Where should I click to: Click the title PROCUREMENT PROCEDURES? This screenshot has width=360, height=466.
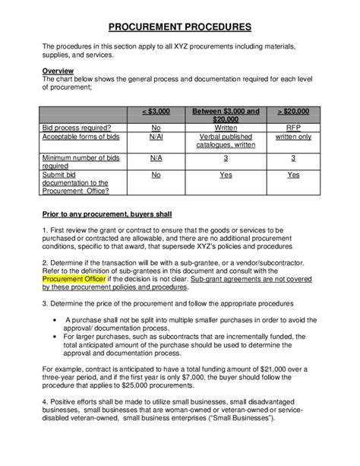click(x=179, y=27)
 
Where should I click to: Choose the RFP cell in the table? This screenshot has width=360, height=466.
click(x=293, y=128)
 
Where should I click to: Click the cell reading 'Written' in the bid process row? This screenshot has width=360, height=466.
click(x=226, y=128)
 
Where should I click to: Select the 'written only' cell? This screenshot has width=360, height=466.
click(x=293, y=137)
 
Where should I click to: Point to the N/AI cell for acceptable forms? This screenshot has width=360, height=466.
click(x=156, y=137)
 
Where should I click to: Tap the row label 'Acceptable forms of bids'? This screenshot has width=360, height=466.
click(x=82, y=137)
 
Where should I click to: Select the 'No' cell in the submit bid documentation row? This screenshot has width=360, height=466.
click(x=156, y=174)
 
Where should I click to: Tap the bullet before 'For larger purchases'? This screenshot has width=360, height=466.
click(x=58, y=335)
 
